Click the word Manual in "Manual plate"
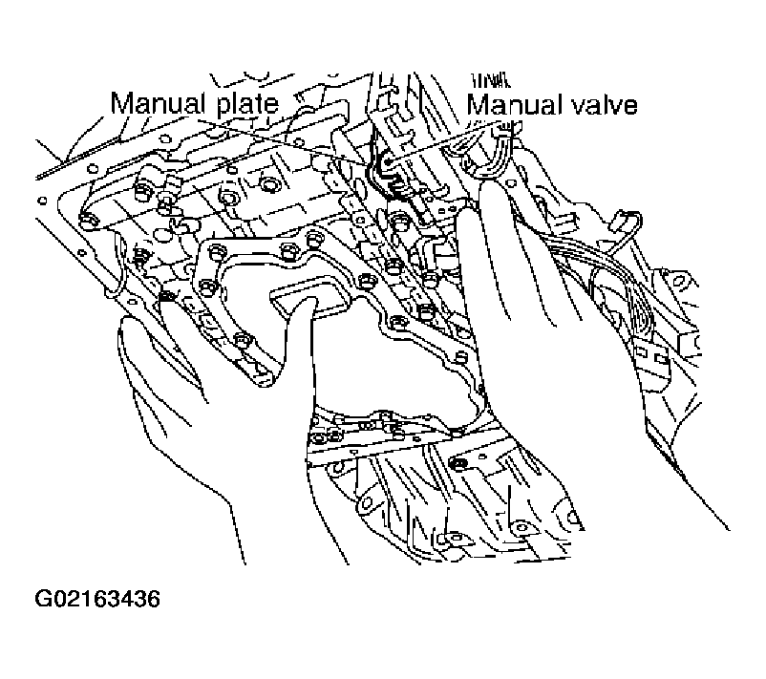point(158,103)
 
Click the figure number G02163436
point(97,599)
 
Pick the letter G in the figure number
point(43,599)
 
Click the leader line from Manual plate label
point(281,139)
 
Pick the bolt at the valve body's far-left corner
point(87,220)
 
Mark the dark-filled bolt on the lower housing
point(458,462)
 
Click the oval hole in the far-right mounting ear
point(679,282)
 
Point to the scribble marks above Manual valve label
point(491,80)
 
